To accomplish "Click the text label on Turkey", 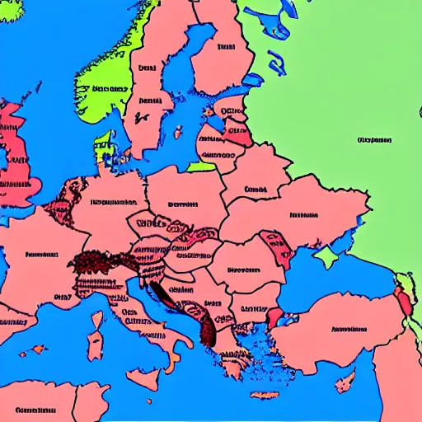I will pos(349,329).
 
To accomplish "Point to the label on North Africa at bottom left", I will pos(35,410).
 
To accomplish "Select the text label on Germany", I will pos(113,200).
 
